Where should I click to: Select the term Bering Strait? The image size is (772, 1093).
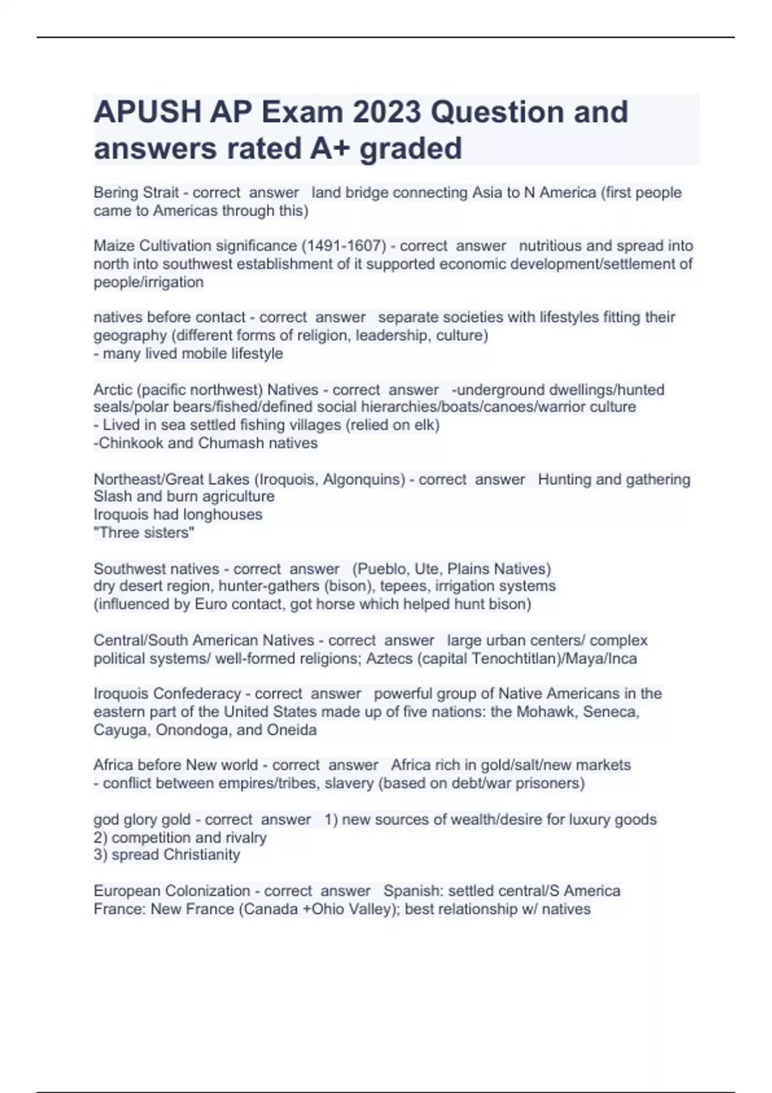click(x=136, y=192)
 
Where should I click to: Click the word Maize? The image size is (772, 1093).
click(x=114, y=246)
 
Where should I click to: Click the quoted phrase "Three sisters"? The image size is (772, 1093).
click(x=144, y=532)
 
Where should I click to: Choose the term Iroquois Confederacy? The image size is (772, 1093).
click(x=167, y=694)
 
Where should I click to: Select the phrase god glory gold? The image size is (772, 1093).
click(x=142, y=820)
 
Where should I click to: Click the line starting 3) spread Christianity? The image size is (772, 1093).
click(x=167, y=854)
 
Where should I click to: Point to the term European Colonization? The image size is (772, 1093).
click(x=172, y=890)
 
